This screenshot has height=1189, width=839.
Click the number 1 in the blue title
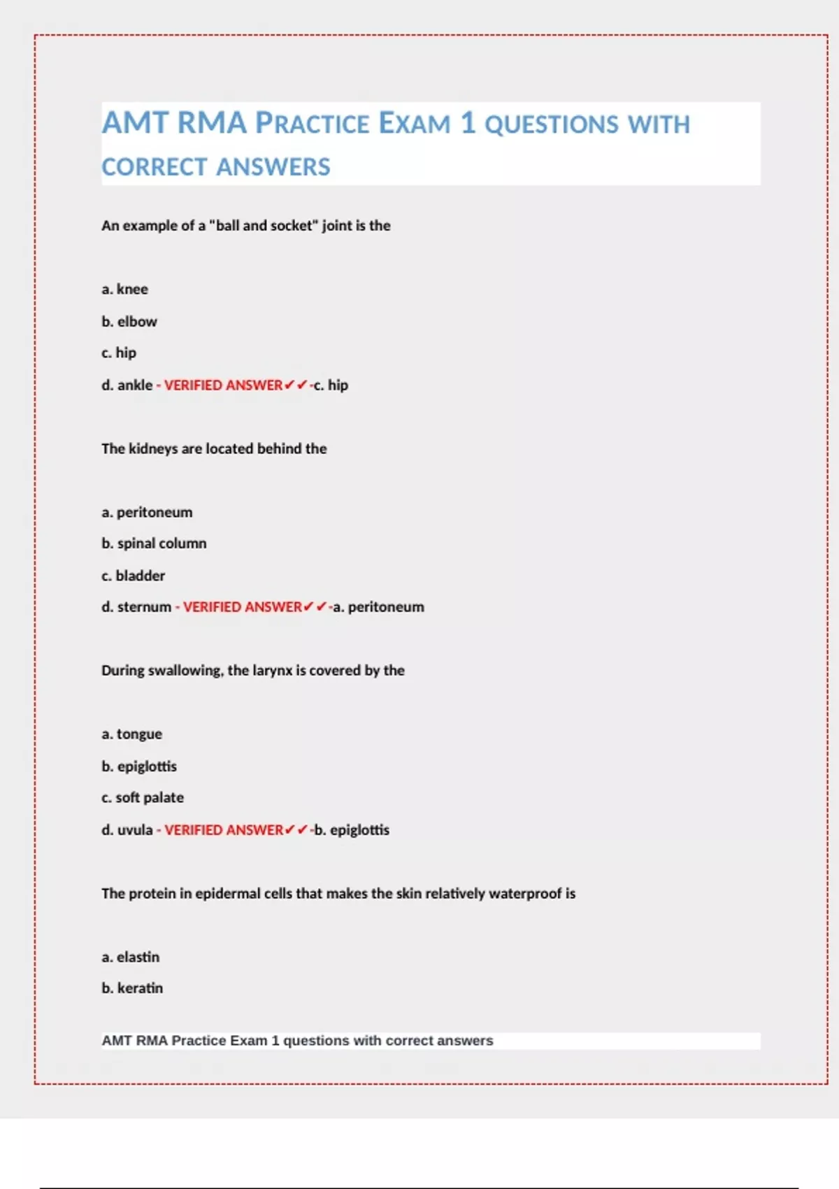coord(468,123)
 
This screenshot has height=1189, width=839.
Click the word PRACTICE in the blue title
coord(312,124)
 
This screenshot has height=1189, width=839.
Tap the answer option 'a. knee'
coord(124,289)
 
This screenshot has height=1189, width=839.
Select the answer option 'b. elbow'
coord(129,321)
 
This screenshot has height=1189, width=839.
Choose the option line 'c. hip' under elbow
coord(119,353)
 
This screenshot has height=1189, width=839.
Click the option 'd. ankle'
coord(127,385)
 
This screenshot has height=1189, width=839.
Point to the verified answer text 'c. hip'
coord(331,385)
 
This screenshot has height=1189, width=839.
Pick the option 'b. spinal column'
coord(154,543)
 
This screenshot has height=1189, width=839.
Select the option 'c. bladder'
coord(133,576)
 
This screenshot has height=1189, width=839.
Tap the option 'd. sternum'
coord(136,607)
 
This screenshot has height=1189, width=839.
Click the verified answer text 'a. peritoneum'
coord(378,607)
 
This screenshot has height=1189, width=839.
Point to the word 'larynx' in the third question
coord(272,670)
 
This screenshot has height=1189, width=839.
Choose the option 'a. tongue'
coord(131,734)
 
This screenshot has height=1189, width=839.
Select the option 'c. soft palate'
coord(143,797)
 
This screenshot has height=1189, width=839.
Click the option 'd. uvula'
coord(127,830)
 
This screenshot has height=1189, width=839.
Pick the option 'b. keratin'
coord(132,988)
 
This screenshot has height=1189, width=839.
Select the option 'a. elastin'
coord(130,956)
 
